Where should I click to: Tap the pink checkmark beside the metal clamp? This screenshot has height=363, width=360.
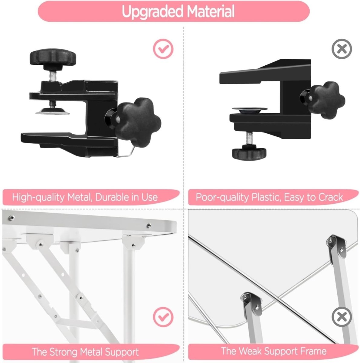point(163,49)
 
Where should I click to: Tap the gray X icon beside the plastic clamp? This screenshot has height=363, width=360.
point(342,49)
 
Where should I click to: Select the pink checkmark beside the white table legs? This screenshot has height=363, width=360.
point(163,317)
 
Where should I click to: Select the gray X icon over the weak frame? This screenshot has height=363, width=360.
point(342,317)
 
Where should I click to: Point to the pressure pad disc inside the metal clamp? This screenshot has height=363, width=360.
point(53,111)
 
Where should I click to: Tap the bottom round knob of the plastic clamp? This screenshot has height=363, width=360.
point(249,154)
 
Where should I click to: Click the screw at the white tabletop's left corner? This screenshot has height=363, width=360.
point(12,218)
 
